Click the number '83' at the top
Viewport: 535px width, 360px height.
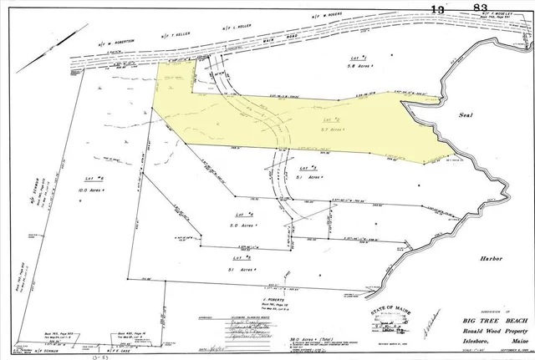(x=481, y=8)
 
